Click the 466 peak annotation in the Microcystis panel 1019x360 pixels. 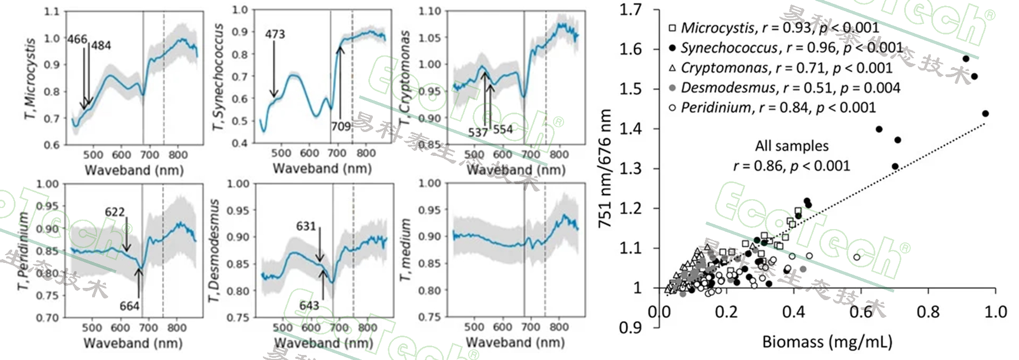coord(77,39)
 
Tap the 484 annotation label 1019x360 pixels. coord(101,45)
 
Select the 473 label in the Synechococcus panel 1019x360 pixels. coord(275,34)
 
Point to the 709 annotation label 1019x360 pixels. coord(341,126)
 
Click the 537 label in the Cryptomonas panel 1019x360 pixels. coord(478,133)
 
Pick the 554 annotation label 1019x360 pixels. coord(503,129)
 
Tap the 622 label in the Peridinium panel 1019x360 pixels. coord(115,212)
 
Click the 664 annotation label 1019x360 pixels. coord(130,306)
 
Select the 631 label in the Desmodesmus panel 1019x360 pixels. coord(306,226)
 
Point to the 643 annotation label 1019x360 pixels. coord(309,306)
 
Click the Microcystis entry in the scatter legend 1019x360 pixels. coord(718,28)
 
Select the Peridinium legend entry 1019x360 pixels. coord(716,107)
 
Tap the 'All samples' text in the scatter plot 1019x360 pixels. coord(792,146)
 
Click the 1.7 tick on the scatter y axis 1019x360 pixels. coord(631,9)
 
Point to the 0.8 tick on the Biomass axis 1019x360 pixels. coord(928,312)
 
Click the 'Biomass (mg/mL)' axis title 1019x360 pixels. coord(827,341)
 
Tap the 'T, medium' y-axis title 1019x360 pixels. coord(406,250)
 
